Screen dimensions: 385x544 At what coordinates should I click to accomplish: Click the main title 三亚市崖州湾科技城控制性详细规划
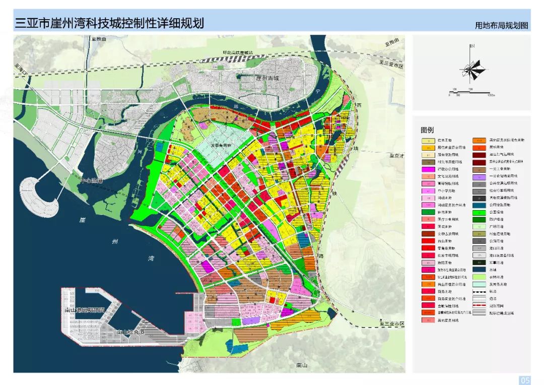110,23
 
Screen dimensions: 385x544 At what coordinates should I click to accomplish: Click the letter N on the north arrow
472,46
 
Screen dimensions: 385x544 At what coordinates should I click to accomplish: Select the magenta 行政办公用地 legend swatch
428,169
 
